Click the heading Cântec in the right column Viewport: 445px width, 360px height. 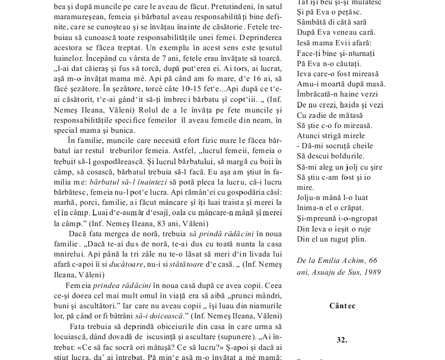click(x=342, y=306)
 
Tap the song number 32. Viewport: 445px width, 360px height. click(x=342, y=339)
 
